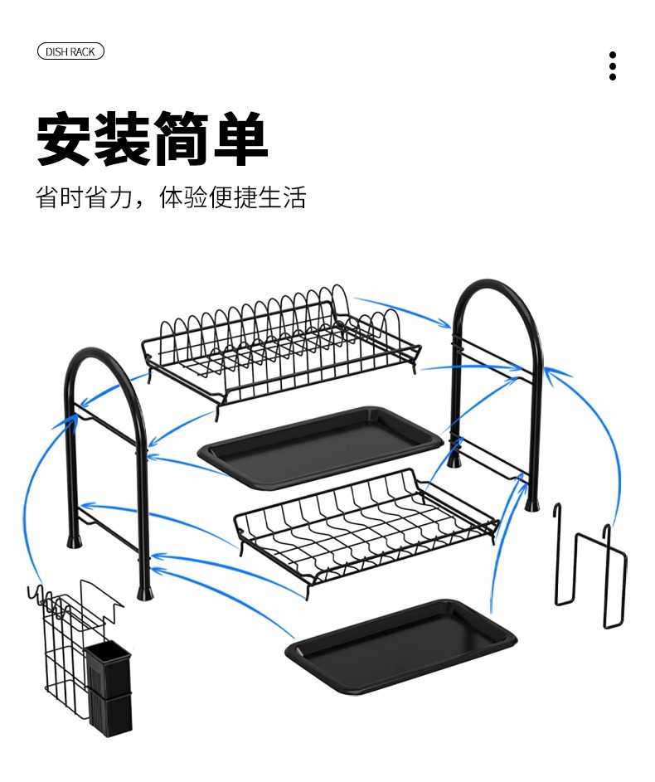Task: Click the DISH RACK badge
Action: click(70, 52)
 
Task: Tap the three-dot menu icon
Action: click(613, 66)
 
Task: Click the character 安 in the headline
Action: click(65, 140)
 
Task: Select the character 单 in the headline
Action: click(240, 140)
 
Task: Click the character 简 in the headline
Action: click(182, 140)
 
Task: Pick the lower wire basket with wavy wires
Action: click(365, 522)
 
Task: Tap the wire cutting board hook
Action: click(589, 564)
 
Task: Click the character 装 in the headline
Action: click(124, 140)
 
